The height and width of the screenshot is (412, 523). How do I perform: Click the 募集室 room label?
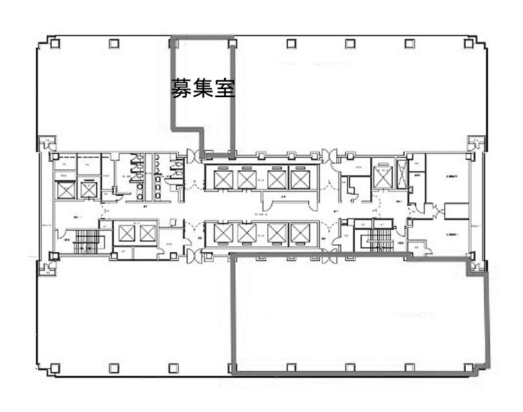click(x=203, y=89)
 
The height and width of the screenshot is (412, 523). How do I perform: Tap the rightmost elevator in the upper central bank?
click(x=300, y=179)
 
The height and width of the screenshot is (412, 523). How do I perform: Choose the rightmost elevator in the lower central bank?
click(x=300, y=233)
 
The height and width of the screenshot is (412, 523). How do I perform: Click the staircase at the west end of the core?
click(x=86, y=242)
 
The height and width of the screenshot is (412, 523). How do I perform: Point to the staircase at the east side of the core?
click(x=379, y=240)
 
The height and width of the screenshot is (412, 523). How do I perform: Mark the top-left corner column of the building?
click(x=54, y=44)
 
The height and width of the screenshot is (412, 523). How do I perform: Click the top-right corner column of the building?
click(x=469, y=44)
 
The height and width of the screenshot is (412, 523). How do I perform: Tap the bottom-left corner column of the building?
click(x=54, y=367)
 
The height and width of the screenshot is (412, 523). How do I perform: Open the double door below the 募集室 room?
click(x=193, y=156)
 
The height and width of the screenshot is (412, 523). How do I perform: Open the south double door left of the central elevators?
click(x=193, y=254)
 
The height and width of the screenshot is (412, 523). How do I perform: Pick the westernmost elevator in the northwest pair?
click(x=66, y=190)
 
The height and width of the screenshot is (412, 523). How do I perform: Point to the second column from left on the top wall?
click(x=112, y=44)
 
